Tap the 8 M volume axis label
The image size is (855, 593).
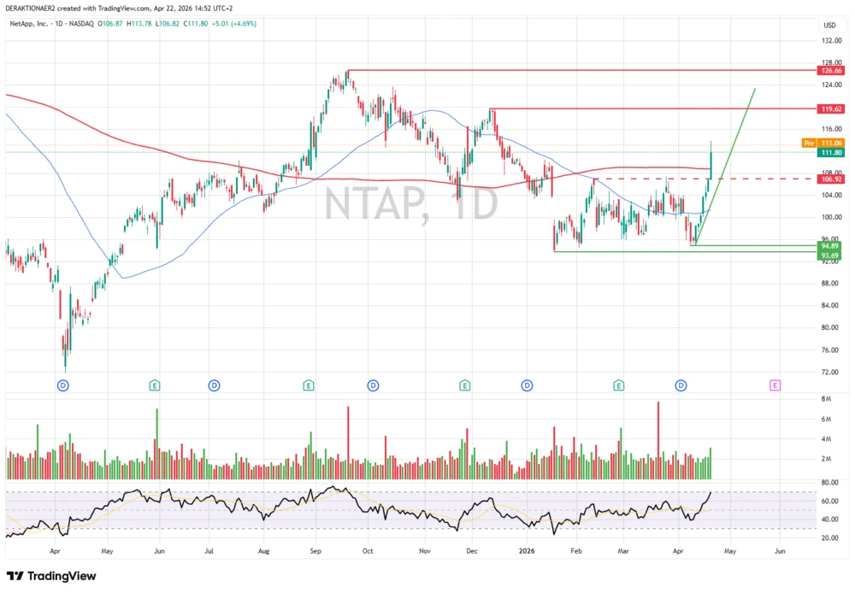coord(828,399)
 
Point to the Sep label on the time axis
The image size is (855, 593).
coord(315,551)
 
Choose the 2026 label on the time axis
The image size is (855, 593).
coord(526,551)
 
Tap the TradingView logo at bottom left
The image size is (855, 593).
coord(51,576)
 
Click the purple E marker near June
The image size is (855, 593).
coord(775,385)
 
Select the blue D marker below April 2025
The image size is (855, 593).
coord(62,385)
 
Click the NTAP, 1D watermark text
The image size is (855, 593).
coord(410,206)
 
